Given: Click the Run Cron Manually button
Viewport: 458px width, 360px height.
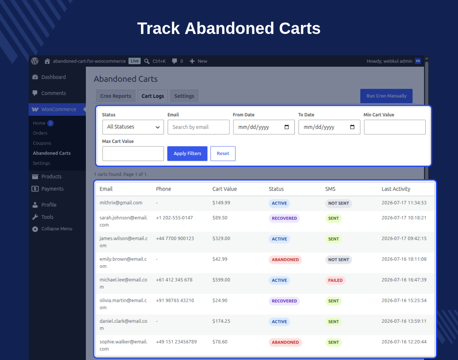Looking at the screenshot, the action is [x=386, y=96].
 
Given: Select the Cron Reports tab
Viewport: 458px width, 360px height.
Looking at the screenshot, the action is [x=116, y=96].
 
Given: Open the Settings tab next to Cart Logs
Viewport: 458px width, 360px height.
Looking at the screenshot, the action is [x=184, y=96].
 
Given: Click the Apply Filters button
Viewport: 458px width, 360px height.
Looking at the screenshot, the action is [x=187, y=153].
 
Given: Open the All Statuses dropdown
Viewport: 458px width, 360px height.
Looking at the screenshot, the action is [x=133, y=127].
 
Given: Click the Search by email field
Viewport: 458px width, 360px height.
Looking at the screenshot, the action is [x=198, y=127].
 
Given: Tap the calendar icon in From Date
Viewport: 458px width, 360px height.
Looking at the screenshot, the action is [x=287, y=127].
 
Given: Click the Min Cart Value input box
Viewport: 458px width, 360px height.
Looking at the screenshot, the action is [x=395, y=127].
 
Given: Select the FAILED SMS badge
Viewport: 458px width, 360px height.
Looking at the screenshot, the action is [x=335, y=280].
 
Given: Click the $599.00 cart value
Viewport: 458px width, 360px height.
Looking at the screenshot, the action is [x=221, y=280].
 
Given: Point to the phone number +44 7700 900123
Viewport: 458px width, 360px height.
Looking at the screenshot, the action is [x=175, y=239].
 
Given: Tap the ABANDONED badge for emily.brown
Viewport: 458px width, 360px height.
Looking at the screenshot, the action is [x=285, y=259].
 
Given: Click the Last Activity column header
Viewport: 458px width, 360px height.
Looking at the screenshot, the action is [x=396, y=189].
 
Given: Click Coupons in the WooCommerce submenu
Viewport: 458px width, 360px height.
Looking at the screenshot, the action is [x=42, y=143].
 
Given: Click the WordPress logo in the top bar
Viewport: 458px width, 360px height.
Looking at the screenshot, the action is [x=35, y=61].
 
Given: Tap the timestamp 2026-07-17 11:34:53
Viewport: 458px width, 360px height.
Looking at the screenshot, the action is [x=404, y=203].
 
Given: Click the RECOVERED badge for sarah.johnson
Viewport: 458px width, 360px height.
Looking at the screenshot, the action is [x=284, y=218].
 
